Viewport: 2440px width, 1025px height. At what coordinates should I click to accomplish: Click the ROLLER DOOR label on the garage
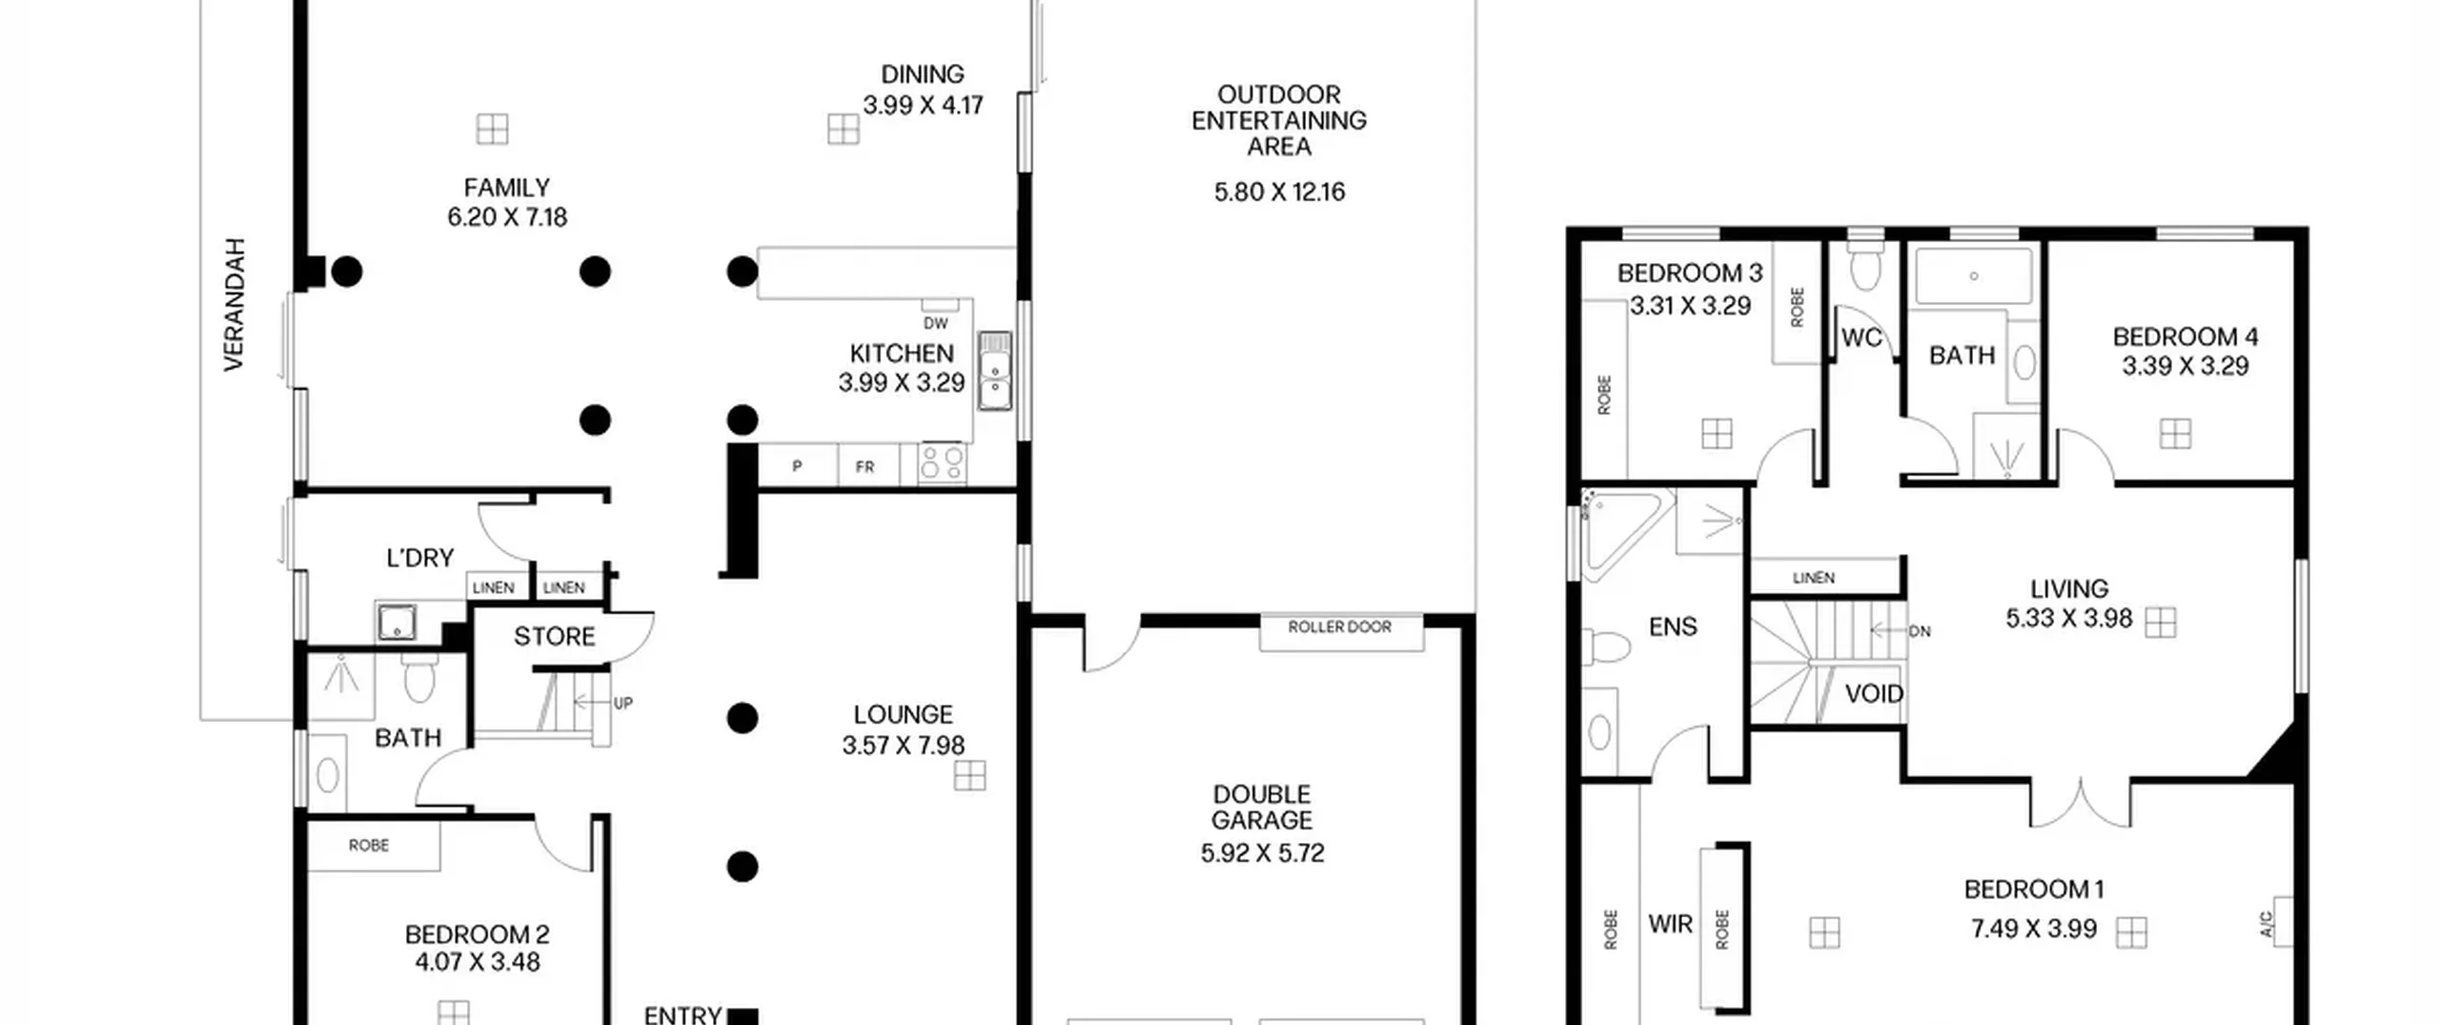tap(1339, 627)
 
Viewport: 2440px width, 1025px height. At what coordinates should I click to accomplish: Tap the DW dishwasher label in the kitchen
tap(936, 323)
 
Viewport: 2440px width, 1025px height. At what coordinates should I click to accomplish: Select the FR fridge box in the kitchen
tap(865, 466)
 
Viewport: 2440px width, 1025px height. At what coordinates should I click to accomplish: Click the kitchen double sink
tap(995, 371)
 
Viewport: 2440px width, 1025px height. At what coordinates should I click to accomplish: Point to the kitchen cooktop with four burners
tap(942, 464)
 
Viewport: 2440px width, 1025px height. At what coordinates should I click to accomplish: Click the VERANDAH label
tap(234, 304)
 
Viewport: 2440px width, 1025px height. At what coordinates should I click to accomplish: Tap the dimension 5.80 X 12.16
tap(1279, 193)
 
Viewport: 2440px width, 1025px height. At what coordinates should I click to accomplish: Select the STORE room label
tap(555, 637)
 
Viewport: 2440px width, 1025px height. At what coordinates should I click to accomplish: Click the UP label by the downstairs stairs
tap(623, 704)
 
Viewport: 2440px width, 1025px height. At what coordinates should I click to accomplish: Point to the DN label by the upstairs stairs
tap(1920, 631)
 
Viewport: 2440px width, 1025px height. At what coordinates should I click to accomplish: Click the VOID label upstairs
tap(1874, 694)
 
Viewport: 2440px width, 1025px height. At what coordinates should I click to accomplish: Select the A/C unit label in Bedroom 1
tap(2267, 923)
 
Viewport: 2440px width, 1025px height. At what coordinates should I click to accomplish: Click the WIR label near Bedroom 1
tap(1670, 924)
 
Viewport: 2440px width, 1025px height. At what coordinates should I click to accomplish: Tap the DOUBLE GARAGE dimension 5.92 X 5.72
tap(1262, 853)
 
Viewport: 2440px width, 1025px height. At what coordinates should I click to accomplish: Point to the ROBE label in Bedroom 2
tap(369, 846)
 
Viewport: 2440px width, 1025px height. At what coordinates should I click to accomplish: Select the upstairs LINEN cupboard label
tap(1813, 578)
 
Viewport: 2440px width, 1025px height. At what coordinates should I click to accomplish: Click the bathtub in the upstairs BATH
tap(1974, 276)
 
